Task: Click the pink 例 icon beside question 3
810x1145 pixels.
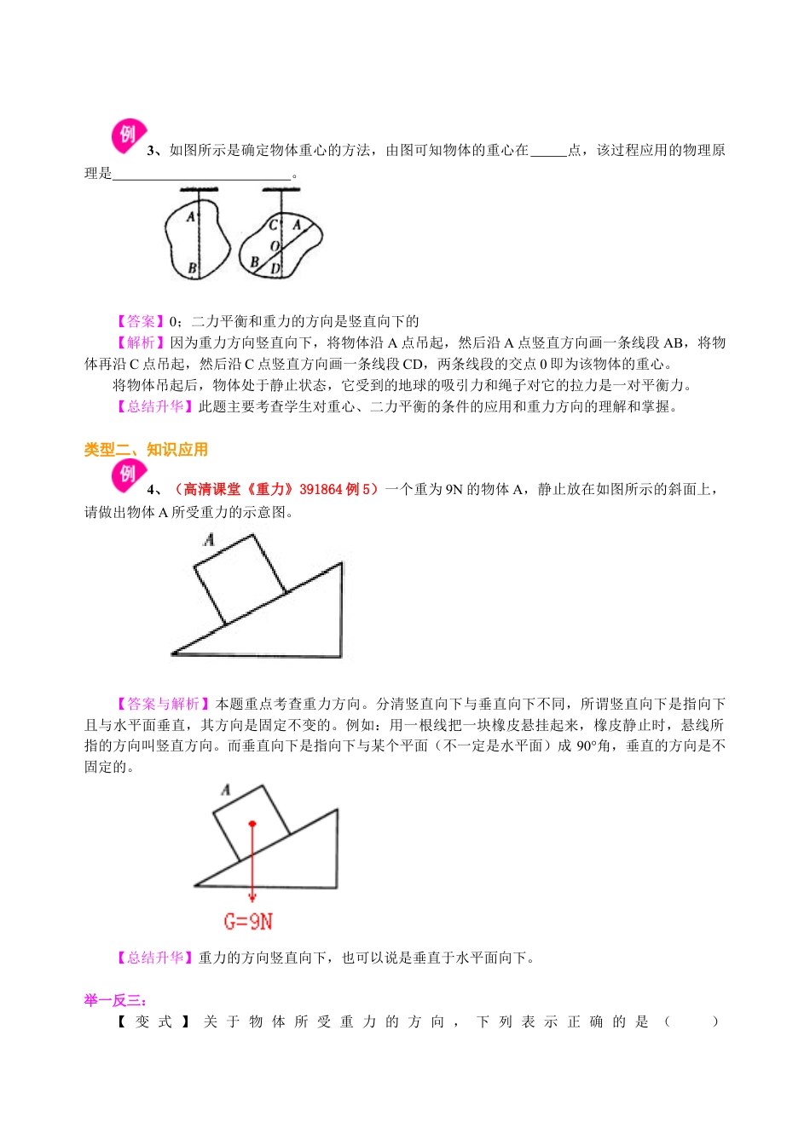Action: tap(128, 135)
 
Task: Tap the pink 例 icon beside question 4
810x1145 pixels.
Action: tap(128, 475)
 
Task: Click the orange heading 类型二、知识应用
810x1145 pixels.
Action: tap(146, 450)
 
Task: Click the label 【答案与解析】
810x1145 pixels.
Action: tap(163, 704)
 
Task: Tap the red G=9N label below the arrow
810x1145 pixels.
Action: tap(248, 921)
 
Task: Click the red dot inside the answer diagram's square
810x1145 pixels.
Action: tap(252, 824)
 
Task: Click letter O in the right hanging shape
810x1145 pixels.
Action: tap(275, 245)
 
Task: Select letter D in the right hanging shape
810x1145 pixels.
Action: tap(275, 269)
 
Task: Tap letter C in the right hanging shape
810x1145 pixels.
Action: tap(274, 226)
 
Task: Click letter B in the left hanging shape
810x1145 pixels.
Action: tap(192, 269)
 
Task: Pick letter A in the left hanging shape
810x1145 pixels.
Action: tap(191, 217)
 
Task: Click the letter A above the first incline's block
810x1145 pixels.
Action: tap(209, 539)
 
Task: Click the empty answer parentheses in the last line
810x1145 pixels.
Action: tap(691, 1021)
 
